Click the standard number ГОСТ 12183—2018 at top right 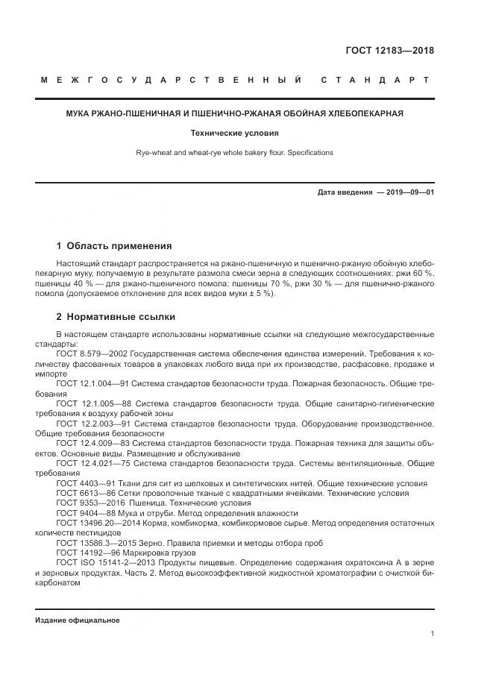tap(389, 51)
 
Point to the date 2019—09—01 tap(409, 192)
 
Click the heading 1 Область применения tap(114, 245)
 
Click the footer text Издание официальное tap(78, 620)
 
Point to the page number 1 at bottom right tap(432, 633)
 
